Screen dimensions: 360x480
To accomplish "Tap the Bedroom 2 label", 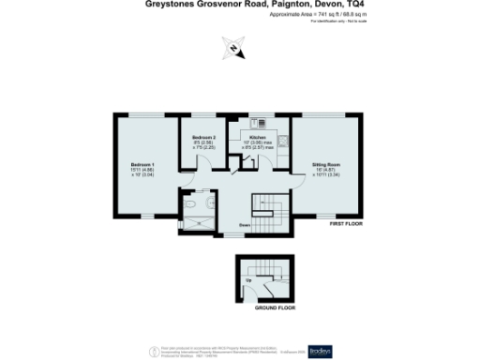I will coord(204,136).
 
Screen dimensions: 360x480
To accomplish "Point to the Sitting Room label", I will coord(326,164).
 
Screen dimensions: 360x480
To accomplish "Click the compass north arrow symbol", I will coord(233,48).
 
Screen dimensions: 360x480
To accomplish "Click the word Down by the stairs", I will coord(243,225).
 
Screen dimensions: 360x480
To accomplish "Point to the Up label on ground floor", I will coord(247,279).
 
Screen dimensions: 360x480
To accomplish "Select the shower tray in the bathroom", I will coord(197,222).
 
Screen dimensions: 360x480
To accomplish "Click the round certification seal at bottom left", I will coord(155,351).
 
